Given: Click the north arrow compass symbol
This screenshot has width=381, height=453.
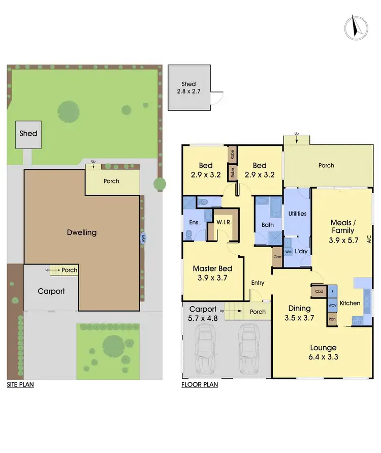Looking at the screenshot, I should (x=357, y=27).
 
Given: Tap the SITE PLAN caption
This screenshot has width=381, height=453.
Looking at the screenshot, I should (x=20, y=385).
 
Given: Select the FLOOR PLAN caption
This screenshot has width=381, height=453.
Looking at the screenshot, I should (x=200, y=385).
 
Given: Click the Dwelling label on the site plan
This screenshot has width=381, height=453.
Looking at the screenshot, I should (x=82, y=233).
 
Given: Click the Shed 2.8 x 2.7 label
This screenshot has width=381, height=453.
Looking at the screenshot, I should (x=188, y=88).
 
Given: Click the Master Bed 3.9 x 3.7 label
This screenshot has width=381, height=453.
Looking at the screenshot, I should (x=210, y=273).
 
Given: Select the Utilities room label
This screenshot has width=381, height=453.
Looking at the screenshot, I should (x=297, y=214).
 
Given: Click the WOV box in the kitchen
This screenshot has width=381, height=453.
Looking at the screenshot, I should (x=333, y=305).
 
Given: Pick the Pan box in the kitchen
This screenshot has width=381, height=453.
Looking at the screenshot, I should (x=333, y=319).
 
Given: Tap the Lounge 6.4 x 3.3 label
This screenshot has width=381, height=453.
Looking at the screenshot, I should (x=324, y=352).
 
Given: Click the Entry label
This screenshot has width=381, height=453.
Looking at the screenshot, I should (x=258, y=283).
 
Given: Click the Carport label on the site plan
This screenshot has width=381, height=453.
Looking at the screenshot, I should (x=51, y=291).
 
